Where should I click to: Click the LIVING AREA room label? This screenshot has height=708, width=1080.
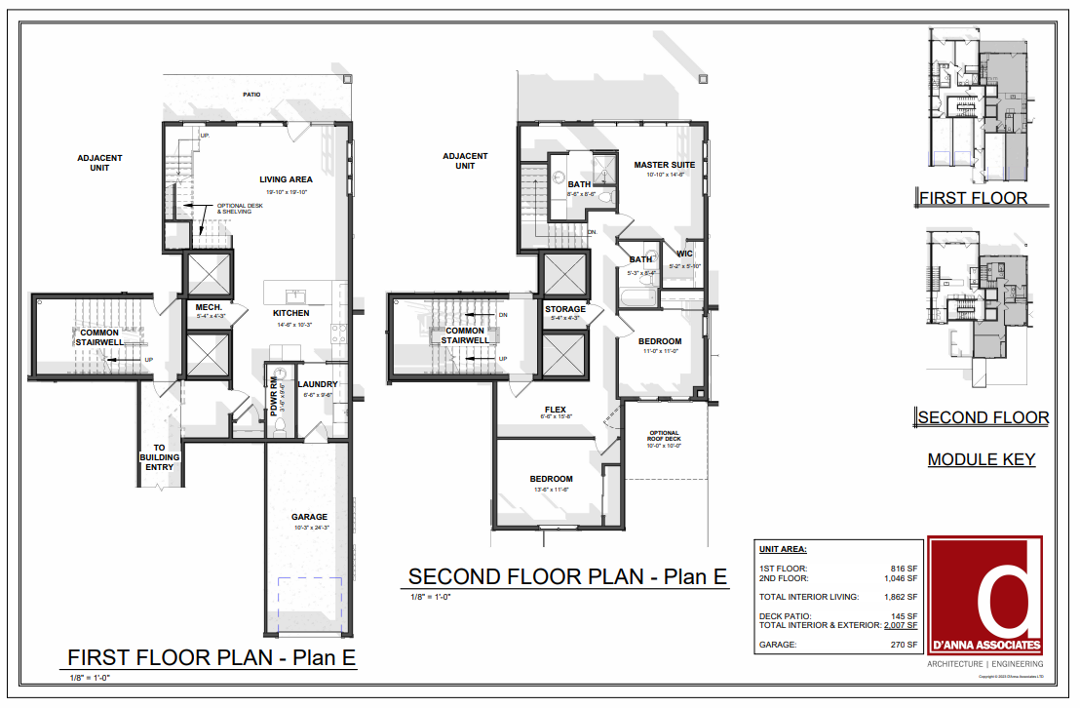[286, 179]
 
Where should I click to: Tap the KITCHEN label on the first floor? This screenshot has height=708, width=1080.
[290, 313]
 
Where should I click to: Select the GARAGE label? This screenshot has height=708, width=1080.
[309, 517]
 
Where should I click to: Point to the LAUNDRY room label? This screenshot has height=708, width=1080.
[318, 384]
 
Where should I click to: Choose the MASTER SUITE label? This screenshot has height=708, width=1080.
[664, 165]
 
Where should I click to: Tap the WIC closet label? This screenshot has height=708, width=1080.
[685, 254]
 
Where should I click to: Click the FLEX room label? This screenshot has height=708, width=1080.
[556, 411]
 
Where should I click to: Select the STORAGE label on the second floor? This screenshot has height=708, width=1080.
[565, 309]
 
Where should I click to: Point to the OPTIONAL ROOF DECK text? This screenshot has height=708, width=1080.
[666, 436]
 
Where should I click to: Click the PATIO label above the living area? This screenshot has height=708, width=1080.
[252, 95]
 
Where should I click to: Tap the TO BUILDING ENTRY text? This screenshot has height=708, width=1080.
[159, 457]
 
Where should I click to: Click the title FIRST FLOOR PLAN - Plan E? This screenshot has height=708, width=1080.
[211, 657]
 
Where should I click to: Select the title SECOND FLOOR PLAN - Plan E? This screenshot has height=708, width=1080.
[567, 576]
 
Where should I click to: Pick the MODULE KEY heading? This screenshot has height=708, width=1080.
[981, 459]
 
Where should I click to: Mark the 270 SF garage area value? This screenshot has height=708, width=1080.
[905, 645]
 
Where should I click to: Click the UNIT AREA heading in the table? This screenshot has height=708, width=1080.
[789, 549]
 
